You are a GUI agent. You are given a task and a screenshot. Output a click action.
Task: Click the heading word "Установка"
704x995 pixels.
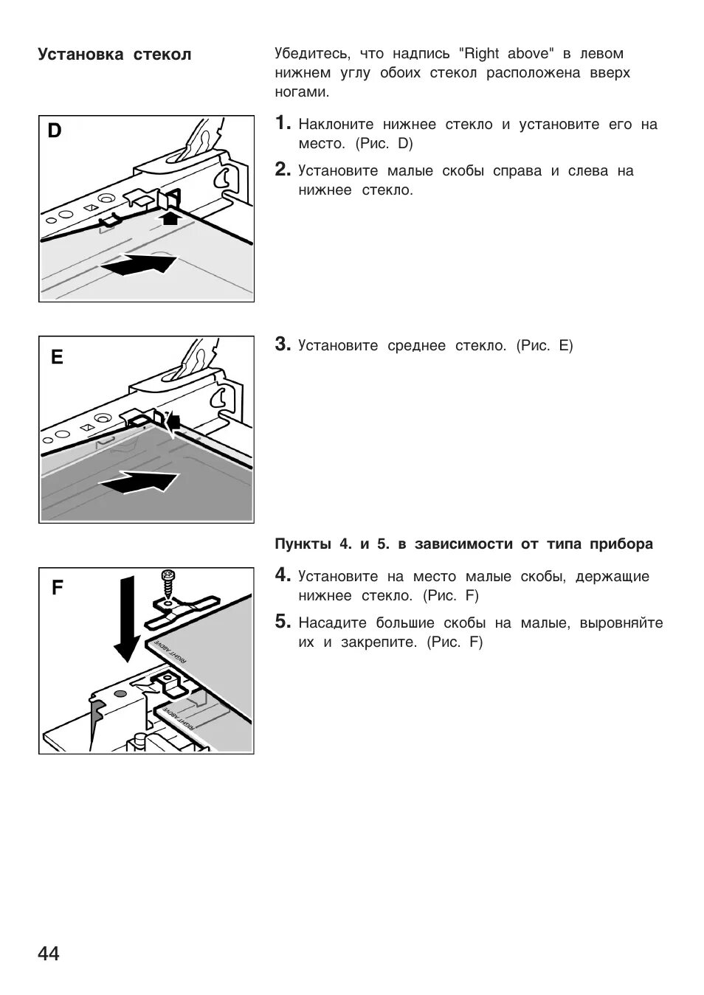tap(81, 55)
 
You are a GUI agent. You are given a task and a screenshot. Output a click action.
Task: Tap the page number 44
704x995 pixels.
tap(49, 954)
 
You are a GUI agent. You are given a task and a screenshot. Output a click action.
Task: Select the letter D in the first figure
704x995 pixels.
tap(55, 131)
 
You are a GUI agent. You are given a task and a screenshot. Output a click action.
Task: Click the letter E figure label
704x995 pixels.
tap(57, 358)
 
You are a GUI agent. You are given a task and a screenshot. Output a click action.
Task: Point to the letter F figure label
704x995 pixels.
tap(58, 588)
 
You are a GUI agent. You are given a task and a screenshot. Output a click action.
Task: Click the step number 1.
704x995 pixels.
tap(282, 124)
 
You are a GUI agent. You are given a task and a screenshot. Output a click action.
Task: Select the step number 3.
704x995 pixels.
tap(282, 344)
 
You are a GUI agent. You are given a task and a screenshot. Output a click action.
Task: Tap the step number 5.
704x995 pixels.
tap(282, 622)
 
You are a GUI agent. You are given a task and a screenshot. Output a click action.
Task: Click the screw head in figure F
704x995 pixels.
tap(168, 575)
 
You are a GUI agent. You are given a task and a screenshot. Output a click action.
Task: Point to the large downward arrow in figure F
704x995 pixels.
tap(126, 620)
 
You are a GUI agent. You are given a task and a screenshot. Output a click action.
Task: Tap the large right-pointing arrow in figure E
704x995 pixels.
tap(140, 482)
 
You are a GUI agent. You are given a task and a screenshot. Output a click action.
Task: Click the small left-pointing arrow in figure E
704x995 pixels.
tap(174, 421)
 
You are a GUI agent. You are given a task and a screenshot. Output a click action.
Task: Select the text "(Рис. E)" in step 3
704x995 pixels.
tap(545, 345)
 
